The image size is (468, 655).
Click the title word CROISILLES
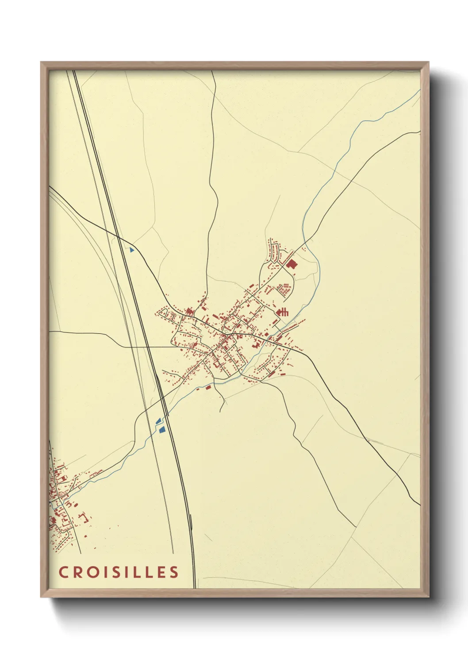point(119,572)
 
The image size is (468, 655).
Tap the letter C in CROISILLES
point(63,572)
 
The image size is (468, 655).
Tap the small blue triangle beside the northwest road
point(131,250)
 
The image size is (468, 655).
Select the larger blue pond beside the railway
point(162,429)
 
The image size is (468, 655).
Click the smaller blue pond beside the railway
point(158,421)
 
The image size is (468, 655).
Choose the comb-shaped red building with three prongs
point(282,312)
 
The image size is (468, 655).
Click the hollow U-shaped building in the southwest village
point(84,516)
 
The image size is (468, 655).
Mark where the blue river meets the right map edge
point(419,91)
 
